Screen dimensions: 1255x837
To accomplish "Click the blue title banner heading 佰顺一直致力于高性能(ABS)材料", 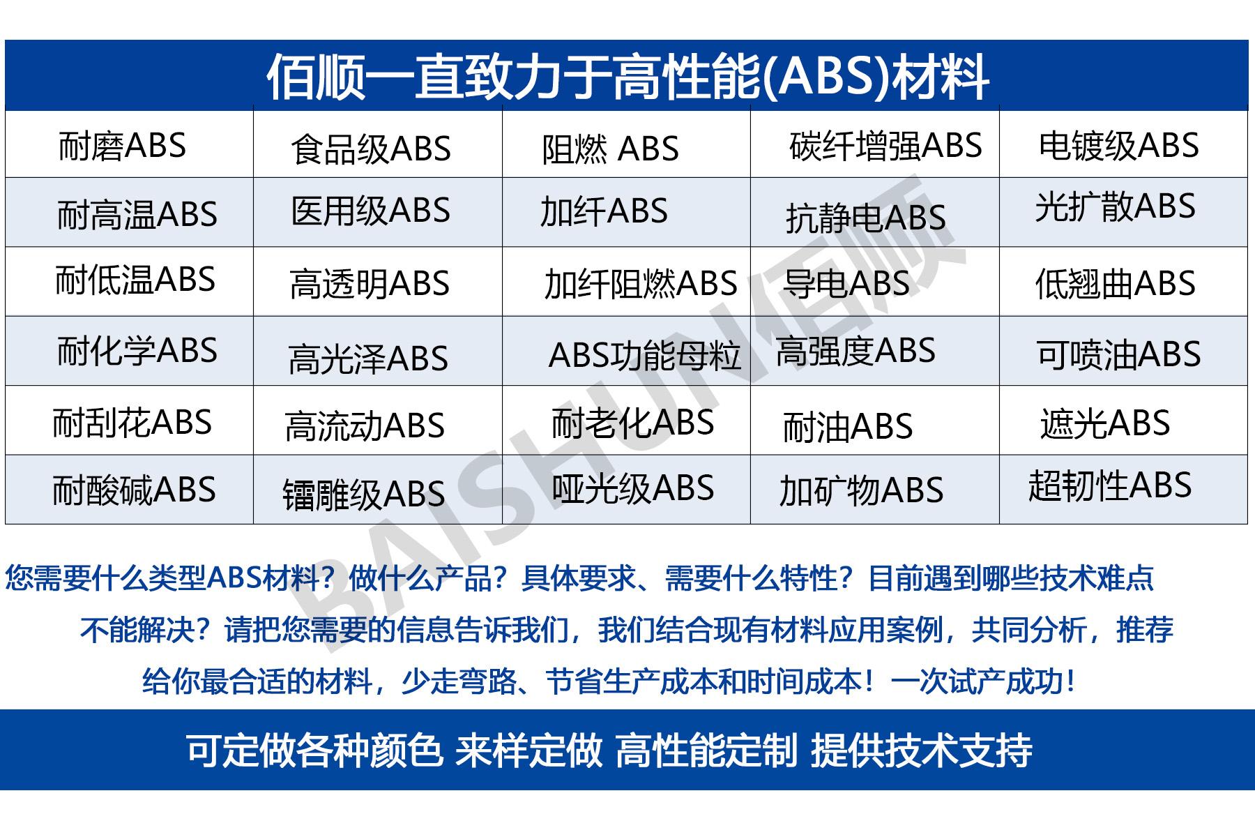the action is (627, 76).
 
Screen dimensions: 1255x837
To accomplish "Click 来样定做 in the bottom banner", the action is (528, 751).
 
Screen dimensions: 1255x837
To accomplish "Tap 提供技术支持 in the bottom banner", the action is (921, 751).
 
